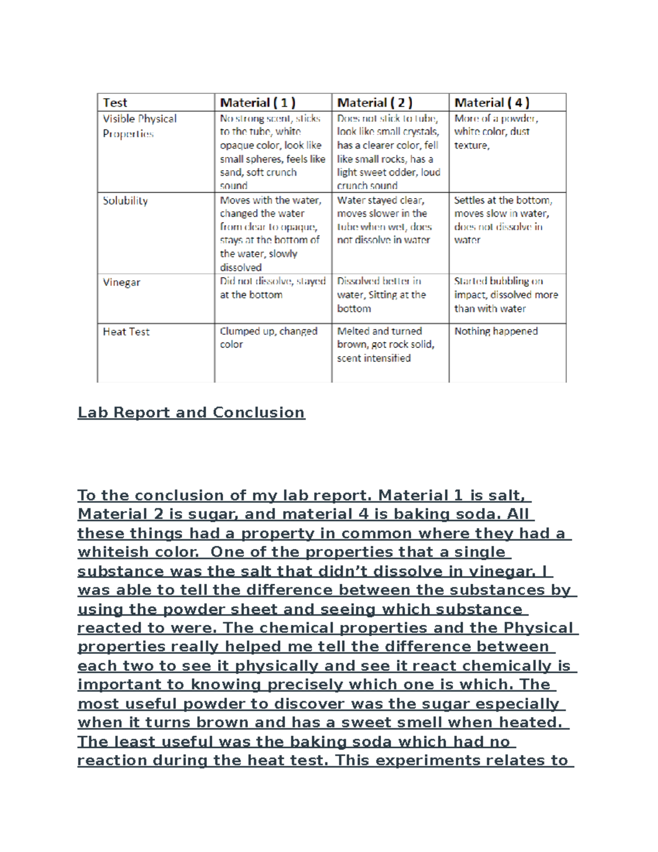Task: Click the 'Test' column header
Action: pos(115,103)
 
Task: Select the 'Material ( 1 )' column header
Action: pos(258,103)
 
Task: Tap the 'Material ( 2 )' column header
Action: pos(375,103)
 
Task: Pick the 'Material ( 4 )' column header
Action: pos(492,103)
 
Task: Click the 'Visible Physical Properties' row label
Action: pos(139,126)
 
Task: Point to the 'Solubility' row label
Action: pos(125,201)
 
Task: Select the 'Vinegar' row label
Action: pos(121,283)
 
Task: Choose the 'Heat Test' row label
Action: pos(126,332)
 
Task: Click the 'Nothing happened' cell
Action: pos(496,331)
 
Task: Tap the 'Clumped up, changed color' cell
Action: pos(268,338)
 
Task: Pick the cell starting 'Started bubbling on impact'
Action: pos(506,295)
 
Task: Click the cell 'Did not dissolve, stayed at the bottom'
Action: pos(273,288)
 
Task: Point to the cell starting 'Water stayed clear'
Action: pos(384,220)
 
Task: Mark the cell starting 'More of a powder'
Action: pos(496,132)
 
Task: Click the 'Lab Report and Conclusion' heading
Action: pos(191,413)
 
